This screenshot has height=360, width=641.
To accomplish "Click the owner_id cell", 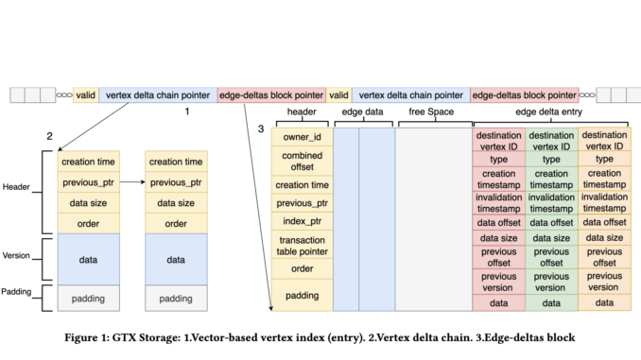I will (302, 137).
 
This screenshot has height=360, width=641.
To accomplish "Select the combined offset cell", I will (302, 161).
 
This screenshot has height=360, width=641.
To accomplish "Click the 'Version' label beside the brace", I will (18, 255).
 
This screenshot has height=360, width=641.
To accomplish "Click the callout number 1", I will (187, 111).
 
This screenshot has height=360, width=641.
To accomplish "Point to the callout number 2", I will (49, 136).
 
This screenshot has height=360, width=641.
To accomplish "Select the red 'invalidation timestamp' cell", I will (498, 202).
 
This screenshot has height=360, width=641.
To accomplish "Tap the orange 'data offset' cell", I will (603, 222).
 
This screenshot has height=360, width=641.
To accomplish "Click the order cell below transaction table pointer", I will (302, 267).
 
